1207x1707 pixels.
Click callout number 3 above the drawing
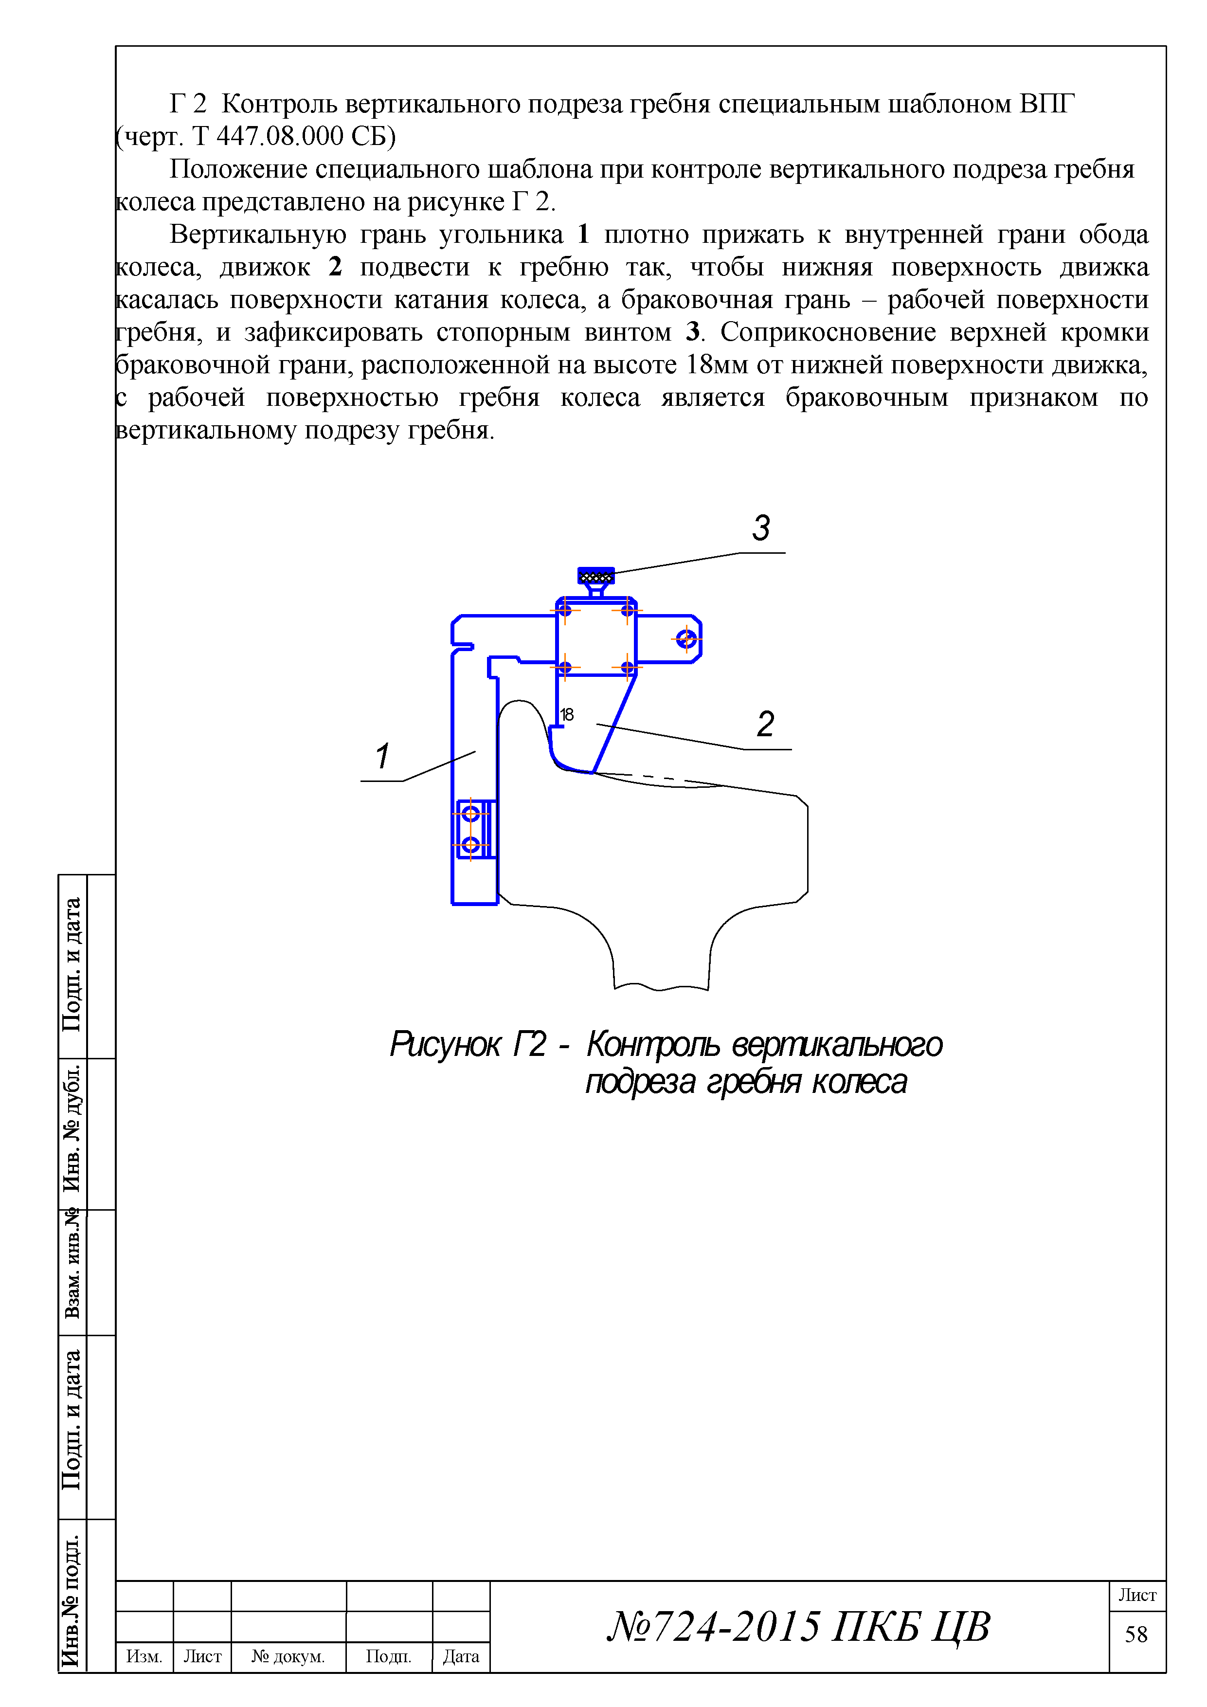(761, 528)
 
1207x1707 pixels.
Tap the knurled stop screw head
(596, 576)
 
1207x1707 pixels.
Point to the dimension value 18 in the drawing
(566, 714)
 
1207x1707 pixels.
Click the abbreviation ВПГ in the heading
(1047, 104)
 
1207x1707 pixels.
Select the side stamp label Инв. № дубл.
(72, 1130)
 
